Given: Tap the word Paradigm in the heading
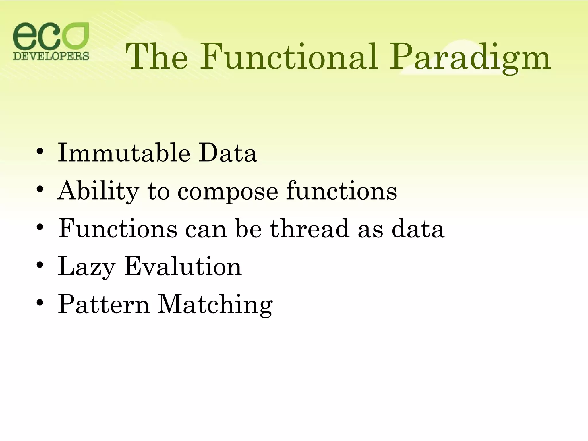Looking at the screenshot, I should click(x=470, y=57).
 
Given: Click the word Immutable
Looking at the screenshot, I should click(x=124, y=153).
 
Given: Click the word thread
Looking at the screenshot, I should click(x=310, y=229).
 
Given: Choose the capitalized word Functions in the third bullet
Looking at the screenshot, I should click(x=118, y=229).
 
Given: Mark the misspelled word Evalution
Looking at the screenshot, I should click(x=183, y=266).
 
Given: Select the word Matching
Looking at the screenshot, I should click(x=215, y=305).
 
